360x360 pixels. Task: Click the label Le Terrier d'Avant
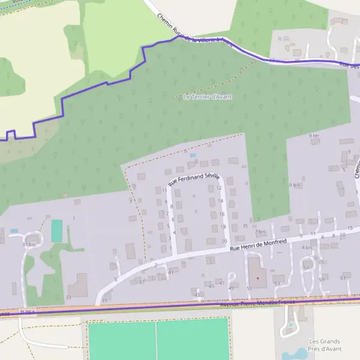pos(208,97)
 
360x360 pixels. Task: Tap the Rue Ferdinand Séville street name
pos(194,178)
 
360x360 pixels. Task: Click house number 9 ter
pos(314,136)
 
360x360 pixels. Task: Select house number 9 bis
pos(294,185)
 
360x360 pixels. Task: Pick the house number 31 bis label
pos(29,244)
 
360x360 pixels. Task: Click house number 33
pos(68,297)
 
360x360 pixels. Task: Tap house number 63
pos(343,278)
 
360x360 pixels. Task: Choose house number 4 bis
pos(307,247)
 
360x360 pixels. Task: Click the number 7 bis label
pos(260,231)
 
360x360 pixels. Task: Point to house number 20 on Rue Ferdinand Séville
pos(224,241)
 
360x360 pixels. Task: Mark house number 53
pos(277,283)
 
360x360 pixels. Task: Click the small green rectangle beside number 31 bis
pos(57,231)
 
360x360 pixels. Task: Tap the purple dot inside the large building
pos(258,278)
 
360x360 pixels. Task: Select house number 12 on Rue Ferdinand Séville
pos(219,188)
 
